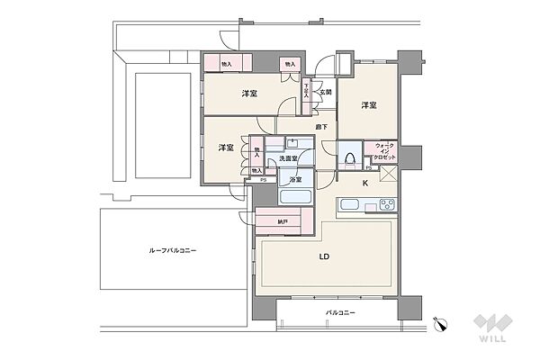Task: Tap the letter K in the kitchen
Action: point(364,184)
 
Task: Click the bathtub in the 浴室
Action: point(295,197)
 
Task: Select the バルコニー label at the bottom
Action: point(340,312)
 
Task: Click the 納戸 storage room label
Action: point(283,220)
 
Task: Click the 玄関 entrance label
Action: point(327,93)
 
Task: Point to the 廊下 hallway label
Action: point(321,126)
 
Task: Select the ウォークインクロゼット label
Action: point(384,150)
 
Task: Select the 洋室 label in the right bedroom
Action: point(369,106)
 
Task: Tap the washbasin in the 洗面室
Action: point(292,142)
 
